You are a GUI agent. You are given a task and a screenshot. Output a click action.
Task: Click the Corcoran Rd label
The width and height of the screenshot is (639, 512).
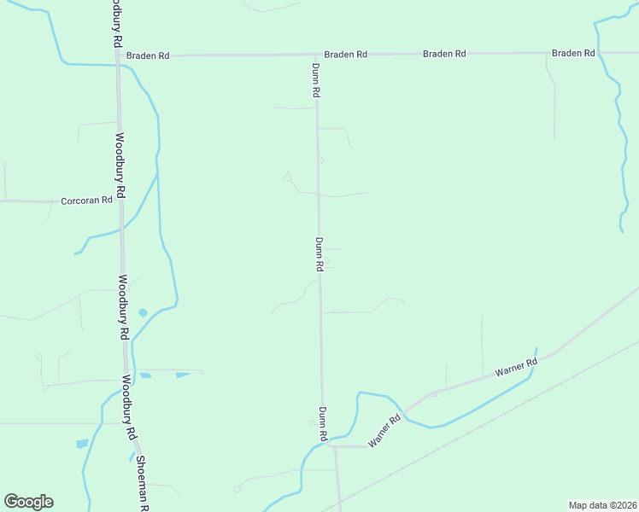(x=87, y=201)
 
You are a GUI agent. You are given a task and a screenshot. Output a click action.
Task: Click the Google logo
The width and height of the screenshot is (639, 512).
(x=28, y=502)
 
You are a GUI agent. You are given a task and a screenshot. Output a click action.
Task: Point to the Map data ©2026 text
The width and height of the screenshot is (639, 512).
(x=602, y=504)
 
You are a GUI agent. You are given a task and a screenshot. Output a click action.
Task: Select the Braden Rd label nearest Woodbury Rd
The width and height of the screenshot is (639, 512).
(x=148, y=55)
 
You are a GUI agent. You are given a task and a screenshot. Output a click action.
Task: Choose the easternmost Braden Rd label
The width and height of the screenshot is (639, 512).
(x=573, y=53)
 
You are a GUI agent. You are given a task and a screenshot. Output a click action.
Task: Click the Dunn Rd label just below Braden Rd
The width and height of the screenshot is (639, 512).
(x=315, y=79)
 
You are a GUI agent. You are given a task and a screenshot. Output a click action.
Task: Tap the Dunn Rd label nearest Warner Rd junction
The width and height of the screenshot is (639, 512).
(x=323, y=424)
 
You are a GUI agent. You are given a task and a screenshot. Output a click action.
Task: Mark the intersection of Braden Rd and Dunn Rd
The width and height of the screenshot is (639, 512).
(x=316, y=55)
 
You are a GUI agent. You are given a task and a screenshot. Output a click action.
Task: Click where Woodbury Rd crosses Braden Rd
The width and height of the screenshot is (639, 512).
(x=117, y=55)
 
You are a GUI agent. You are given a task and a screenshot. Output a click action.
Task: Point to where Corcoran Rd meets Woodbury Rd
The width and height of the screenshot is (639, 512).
(x=121, y=202)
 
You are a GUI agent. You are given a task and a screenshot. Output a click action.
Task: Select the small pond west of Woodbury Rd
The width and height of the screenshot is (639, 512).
(x=82, y=444)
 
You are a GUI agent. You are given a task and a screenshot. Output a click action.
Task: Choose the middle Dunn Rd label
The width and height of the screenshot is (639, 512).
(x=319, y=254)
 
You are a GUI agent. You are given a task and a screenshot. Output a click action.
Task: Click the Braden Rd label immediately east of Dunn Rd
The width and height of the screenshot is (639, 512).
(x=346, y=54)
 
